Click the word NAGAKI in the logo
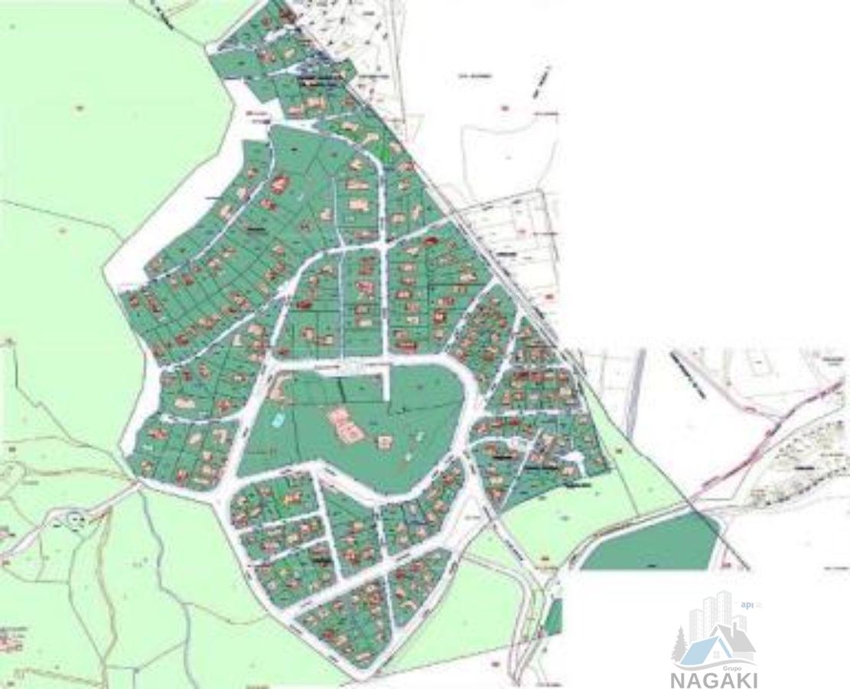point(715,679)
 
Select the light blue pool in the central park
point(279,420)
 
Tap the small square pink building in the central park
point(384,441)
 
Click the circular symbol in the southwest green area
point(75,521)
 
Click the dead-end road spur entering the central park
point(386,383)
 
